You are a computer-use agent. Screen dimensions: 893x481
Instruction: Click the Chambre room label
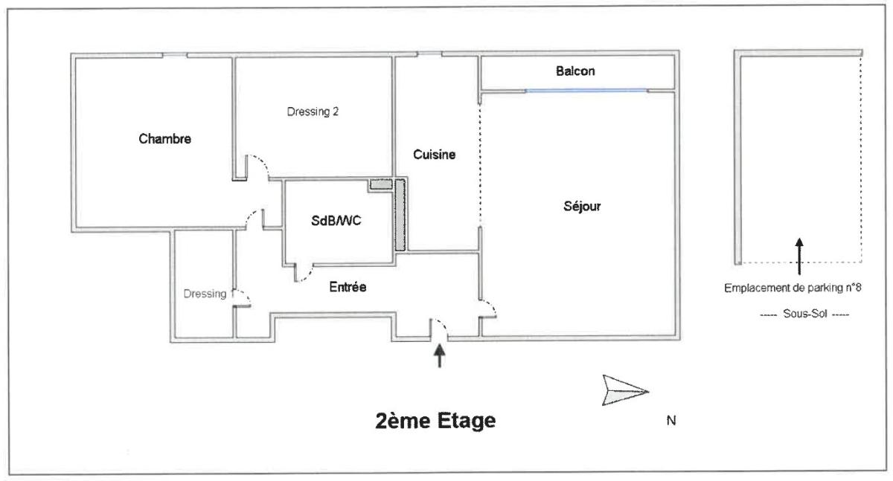[164, 138]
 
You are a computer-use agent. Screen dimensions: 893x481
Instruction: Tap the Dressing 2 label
[313, 112]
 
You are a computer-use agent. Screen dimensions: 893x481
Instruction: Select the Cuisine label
[434, 155]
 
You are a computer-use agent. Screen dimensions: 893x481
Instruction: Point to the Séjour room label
[582, 206]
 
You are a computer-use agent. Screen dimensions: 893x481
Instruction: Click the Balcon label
[575, 71]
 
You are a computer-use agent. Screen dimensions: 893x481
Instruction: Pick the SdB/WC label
[336, 221]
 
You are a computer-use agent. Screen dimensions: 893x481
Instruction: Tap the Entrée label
[348, 287]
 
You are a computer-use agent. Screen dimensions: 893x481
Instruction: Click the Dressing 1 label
[205, 294]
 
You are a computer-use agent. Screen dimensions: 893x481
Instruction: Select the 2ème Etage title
[435, 421]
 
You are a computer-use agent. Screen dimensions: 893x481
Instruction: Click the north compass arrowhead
[624, 390]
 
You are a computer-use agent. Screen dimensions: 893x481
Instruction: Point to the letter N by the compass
[671, 421]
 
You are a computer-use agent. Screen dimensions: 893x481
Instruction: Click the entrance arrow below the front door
[439, 356]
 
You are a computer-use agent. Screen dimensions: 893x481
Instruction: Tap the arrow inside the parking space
[799, 256]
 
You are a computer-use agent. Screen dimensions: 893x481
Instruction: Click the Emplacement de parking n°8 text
[793, 288]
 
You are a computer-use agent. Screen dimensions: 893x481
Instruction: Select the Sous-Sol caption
[804, 314]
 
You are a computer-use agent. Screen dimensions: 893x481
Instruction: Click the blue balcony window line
[586, 91]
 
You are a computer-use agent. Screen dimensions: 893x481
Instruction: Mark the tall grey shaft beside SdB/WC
[400, 215]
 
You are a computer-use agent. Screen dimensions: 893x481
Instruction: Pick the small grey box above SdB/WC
[381, 185]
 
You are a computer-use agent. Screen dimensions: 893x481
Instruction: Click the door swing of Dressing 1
[242, 298]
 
